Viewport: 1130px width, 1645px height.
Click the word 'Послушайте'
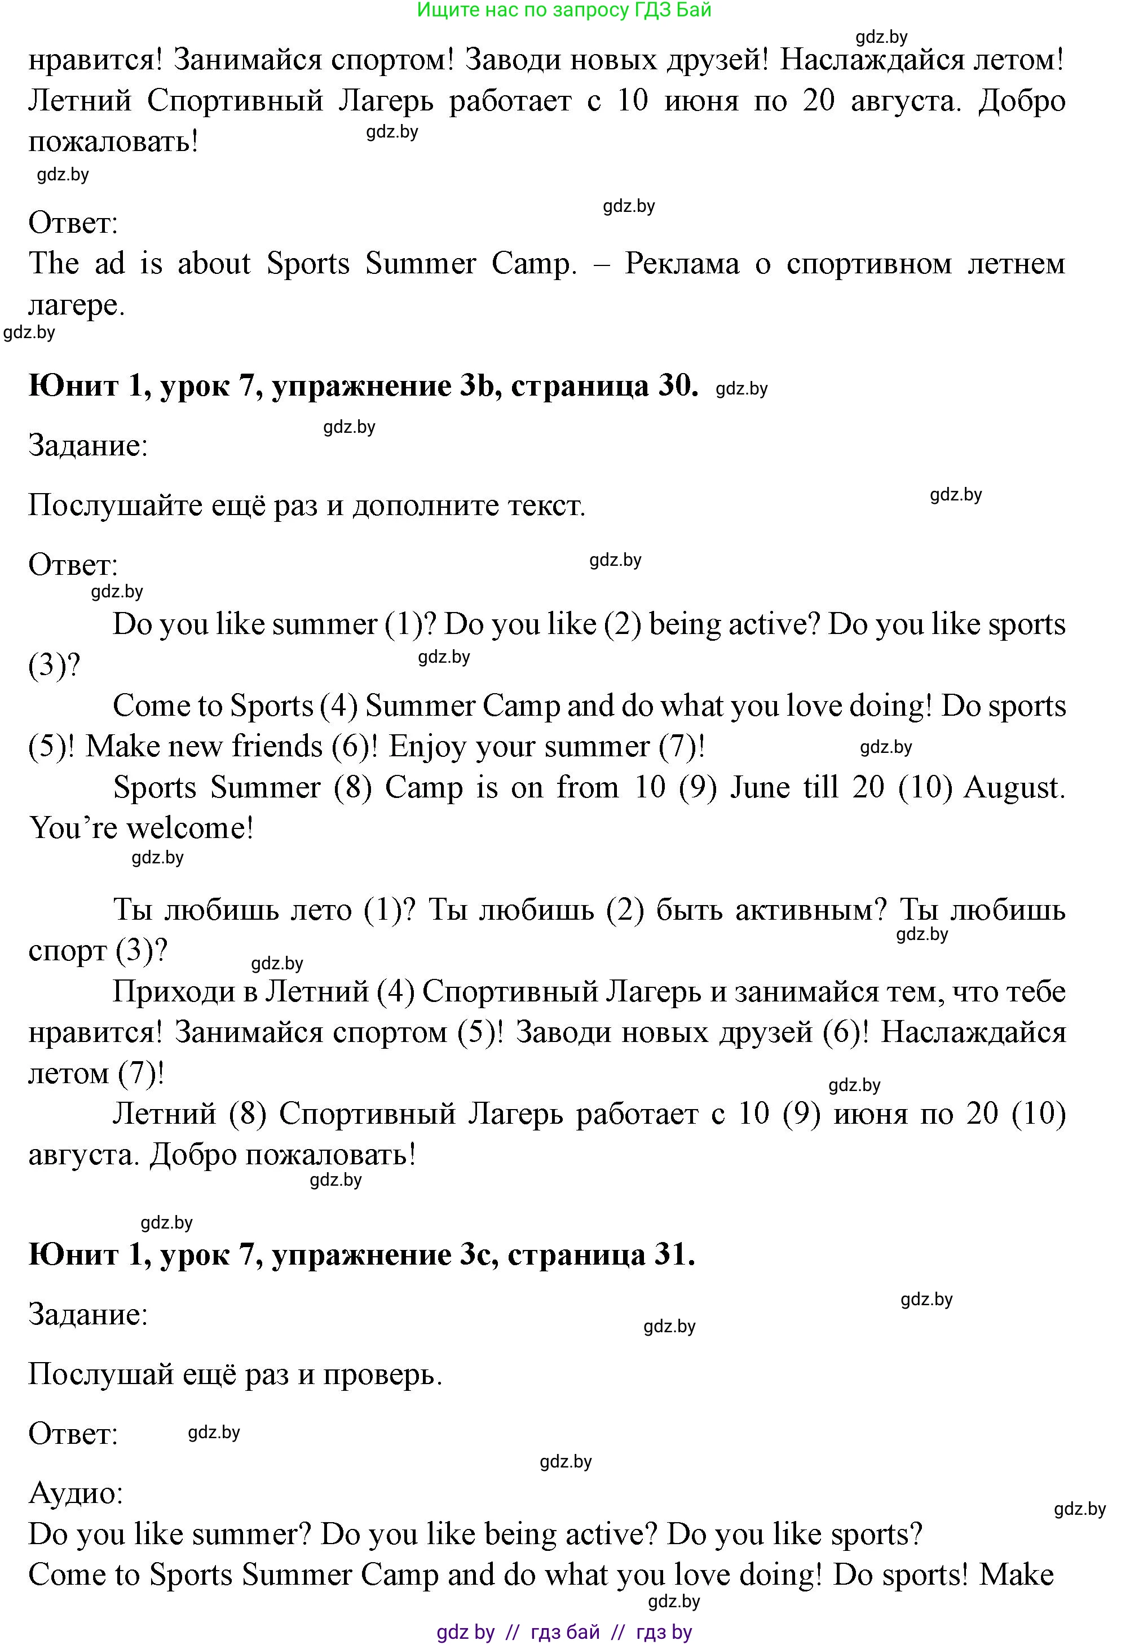pyautogui.click(x=114, y=506)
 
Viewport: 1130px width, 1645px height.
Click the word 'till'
pyautogui.click(x=820, y=788)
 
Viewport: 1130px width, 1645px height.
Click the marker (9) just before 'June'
pyautogui.click(x=698, y=788)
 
